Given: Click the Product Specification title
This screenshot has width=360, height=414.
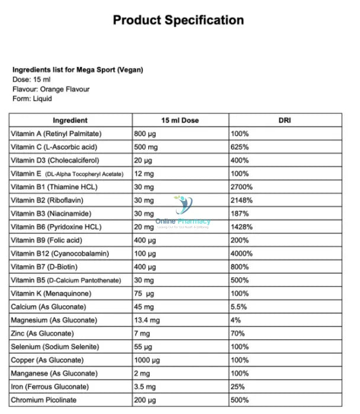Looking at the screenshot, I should (178, 20).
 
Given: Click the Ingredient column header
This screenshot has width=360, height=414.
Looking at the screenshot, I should (70, 120).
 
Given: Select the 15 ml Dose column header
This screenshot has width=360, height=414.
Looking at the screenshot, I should (180, 120).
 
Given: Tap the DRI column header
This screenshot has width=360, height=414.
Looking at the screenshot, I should (285, 120).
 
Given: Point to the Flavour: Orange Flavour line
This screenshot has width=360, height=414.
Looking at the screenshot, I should (51, 89).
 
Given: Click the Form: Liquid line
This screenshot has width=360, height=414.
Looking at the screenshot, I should (32, 99).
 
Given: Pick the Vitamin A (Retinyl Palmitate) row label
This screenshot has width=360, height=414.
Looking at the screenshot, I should (56, 134).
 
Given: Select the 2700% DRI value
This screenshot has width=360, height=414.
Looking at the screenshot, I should (242, 187).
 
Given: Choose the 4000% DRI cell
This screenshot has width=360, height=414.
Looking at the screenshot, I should (242, 254).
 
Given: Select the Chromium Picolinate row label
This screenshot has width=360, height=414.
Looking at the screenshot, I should (44, 400).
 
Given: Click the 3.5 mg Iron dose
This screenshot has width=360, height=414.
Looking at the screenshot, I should (146, 387).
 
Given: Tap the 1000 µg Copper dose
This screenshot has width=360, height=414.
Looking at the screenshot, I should (149, 360).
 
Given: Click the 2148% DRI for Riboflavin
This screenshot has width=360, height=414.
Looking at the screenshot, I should (242, 200).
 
